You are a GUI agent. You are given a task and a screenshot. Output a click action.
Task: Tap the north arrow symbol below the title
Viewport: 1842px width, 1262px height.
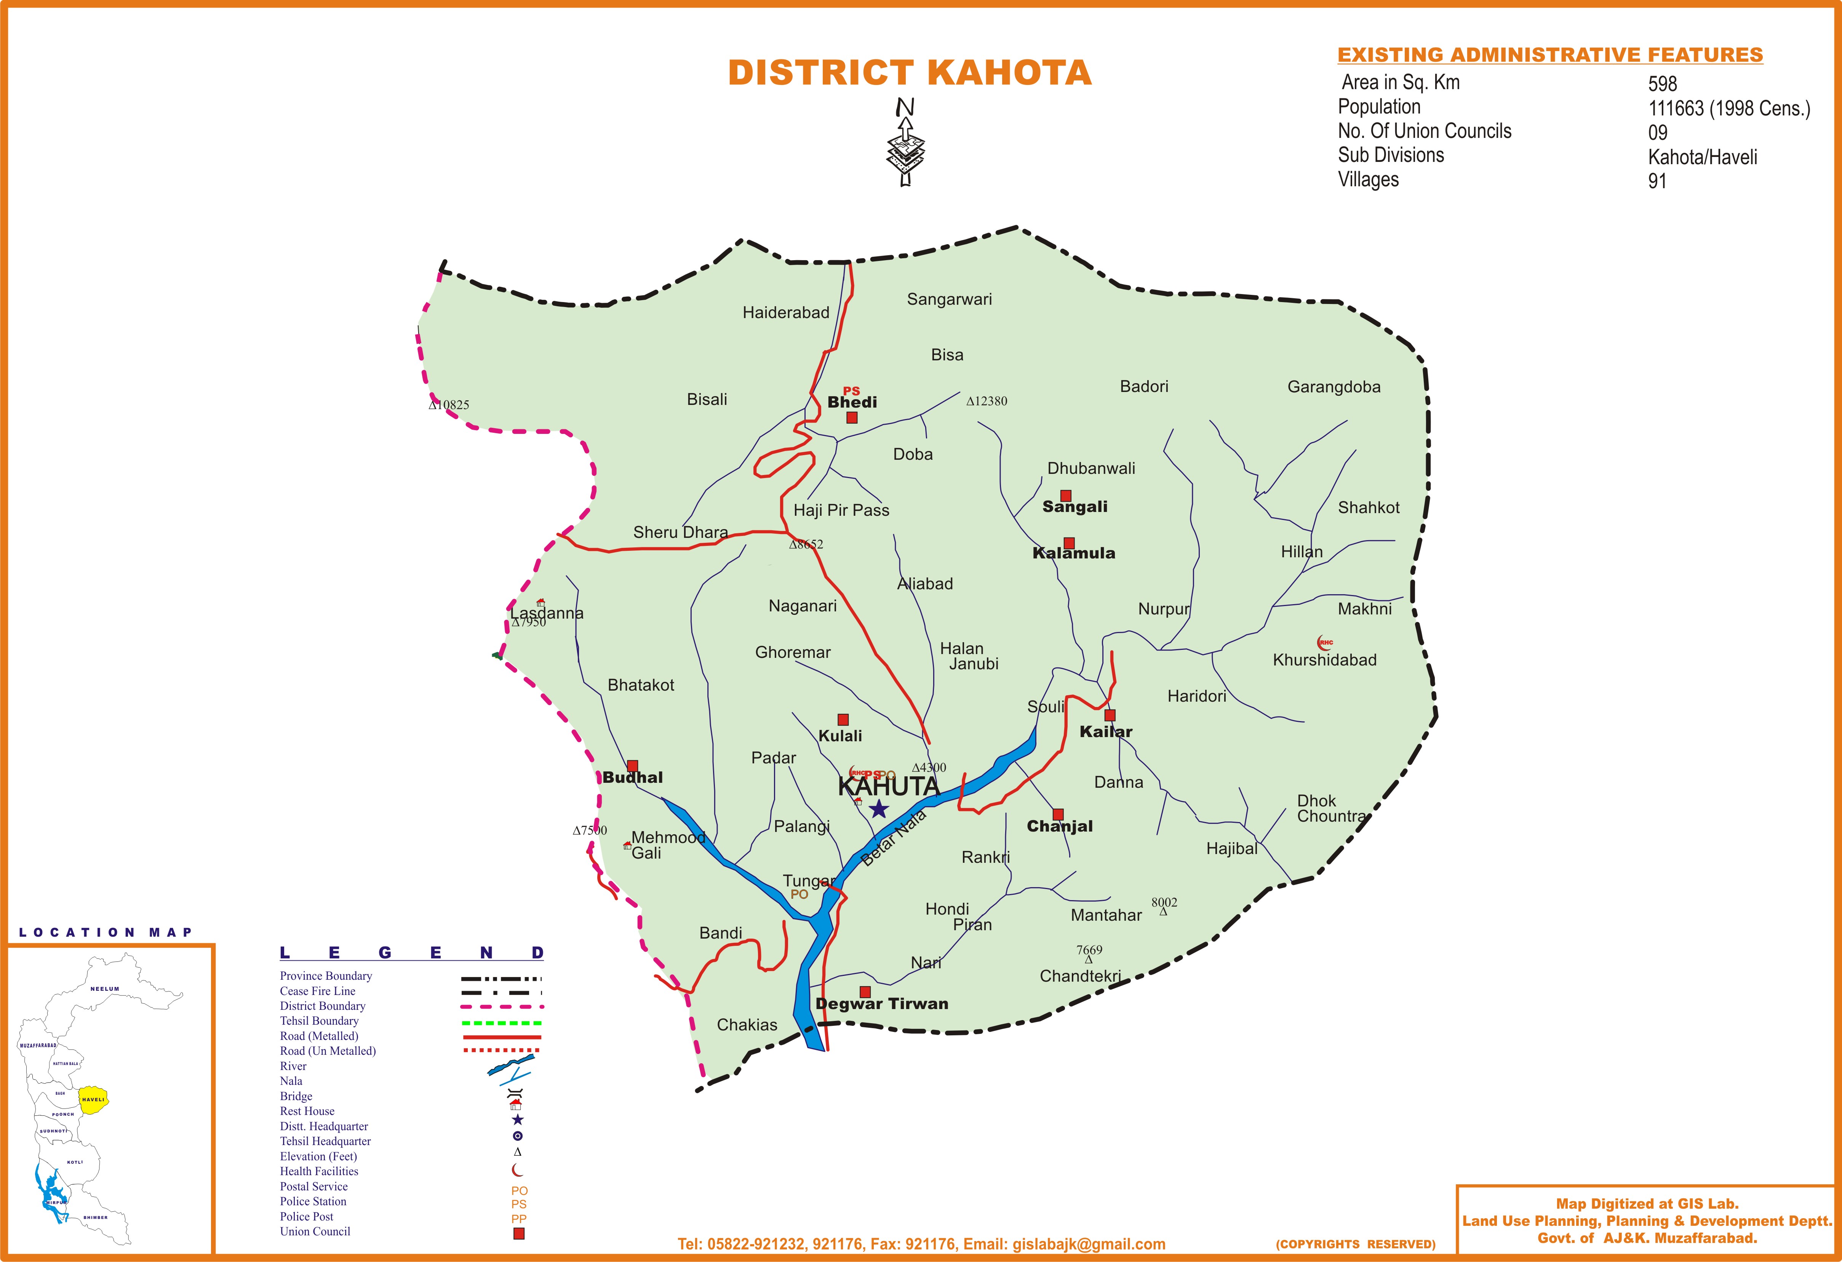click(905, 143)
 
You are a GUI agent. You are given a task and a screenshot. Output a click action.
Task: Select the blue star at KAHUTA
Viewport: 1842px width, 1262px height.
click(878, 809)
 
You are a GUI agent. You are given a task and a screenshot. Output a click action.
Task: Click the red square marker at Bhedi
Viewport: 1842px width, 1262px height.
click(852, 418)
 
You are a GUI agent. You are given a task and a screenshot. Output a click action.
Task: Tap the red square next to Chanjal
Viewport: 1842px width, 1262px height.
click(1058, 814)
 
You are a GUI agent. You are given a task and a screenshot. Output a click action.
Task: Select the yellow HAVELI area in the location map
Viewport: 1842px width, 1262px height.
click(93, 1099)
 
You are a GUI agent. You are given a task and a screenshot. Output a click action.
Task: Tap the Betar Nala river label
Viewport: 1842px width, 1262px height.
click(894, 839)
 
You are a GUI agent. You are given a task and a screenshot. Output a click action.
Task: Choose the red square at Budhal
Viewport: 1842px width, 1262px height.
click(633, 766)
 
